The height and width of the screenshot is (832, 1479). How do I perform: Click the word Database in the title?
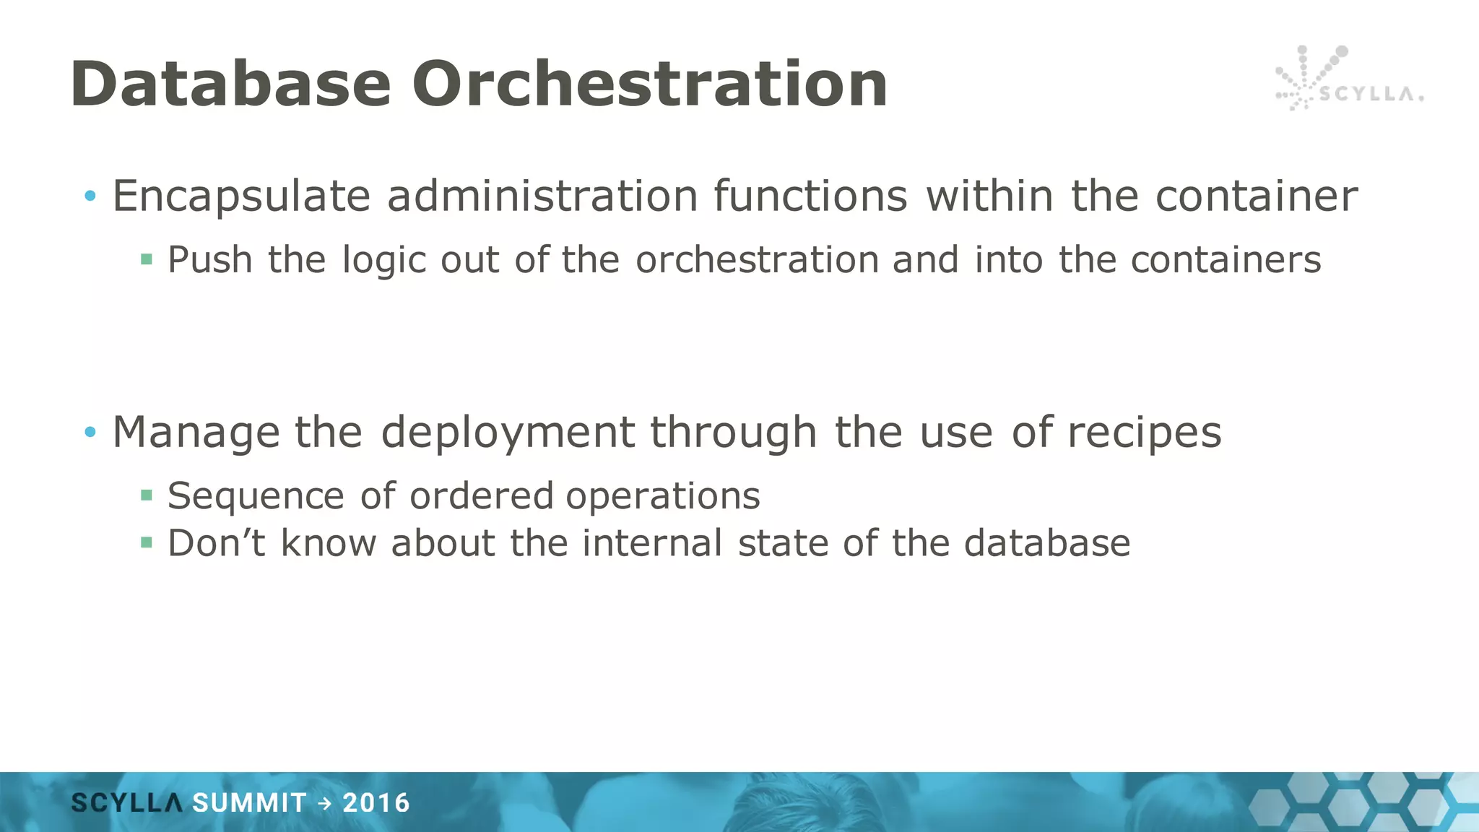click(x=231, y=84)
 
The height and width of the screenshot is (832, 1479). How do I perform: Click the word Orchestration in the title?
click(x=650, y=84)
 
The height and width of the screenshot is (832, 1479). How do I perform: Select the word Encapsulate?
click(x=241, y=196)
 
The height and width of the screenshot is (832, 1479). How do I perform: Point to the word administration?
click(x=542, y=196)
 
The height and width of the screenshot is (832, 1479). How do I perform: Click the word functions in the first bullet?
click(x=810, y=196)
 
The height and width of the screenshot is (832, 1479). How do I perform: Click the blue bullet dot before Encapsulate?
click(x=90, y=196)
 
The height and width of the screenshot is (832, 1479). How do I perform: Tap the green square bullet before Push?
click(x=147, y=259)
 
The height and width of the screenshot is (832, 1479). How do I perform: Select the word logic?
click(x=383, y=260)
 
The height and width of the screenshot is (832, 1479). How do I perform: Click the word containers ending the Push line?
click(x=1226, y=260)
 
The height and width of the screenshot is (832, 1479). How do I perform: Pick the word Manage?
click(x=196, y=433)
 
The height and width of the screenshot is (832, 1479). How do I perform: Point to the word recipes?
click(x=1144, y=433)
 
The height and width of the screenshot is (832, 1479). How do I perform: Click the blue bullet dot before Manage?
click(x=90, y=433)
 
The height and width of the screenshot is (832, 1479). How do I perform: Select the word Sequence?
click(x=256, y=497)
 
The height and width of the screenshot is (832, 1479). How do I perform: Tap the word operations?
click(x=662, y=497)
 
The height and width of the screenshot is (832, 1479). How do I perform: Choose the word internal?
click(x=652, y=543)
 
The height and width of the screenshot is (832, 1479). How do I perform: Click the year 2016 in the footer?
click(x=376, y=803)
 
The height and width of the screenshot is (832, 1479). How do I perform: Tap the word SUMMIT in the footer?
click(x=249, y=803)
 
